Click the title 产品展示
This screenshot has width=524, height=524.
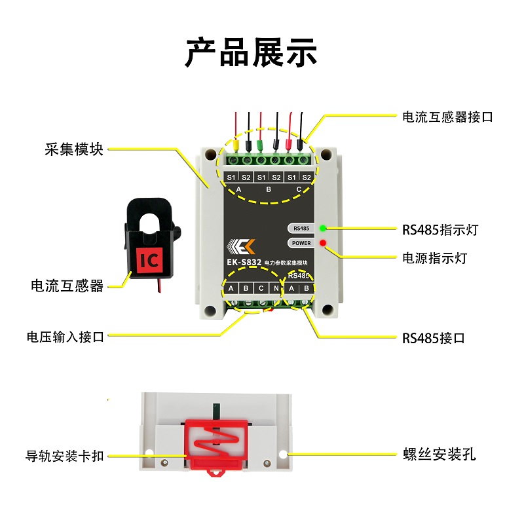click(251, 52)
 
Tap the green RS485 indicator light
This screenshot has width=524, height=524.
click(323, 229)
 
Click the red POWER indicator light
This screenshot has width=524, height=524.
click(323, 244)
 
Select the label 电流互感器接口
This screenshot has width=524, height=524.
click(447, 117)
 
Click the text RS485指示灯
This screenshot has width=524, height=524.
click(441, 231)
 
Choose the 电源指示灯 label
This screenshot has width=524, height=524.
click(434, 257)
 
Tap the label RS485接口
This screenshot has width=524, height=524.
click(434, 339)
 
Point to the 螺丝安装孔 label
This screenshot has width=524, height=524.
click(439, 454)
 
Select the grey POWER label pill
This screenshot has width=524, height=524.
click(302, 243)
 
